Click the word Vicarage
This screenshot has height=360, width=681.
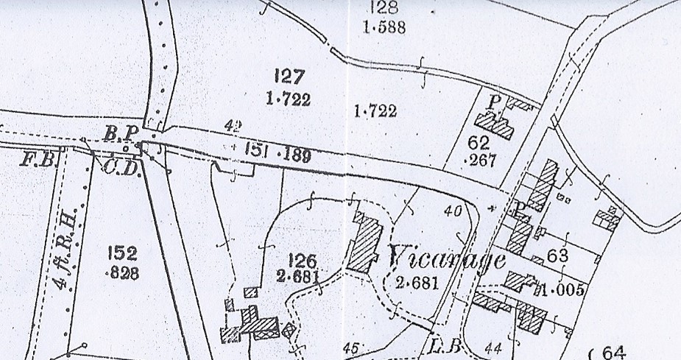point(445,259)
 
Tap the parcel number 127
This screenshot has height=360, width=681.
point(289,76)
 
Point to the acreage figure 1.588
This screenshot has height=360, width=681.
point(384,29)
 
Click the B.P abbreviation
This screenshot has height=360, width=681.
point(121,133)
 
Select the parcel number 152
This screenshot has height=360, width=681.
point(122,254)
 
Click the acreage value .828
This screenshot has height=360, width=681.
point(121,274)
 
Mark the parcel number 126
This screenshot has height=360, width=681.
point(302,261)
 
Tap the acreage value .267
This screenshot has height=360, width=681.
point(481,160)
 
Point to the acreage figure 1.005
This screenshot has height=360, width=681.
point(563,289)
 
